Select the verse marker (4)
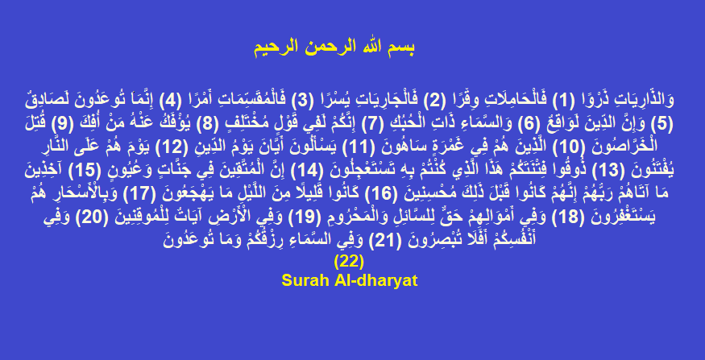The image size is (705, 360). point(169,101)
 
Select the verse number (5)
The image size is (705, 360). point(662,123)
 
